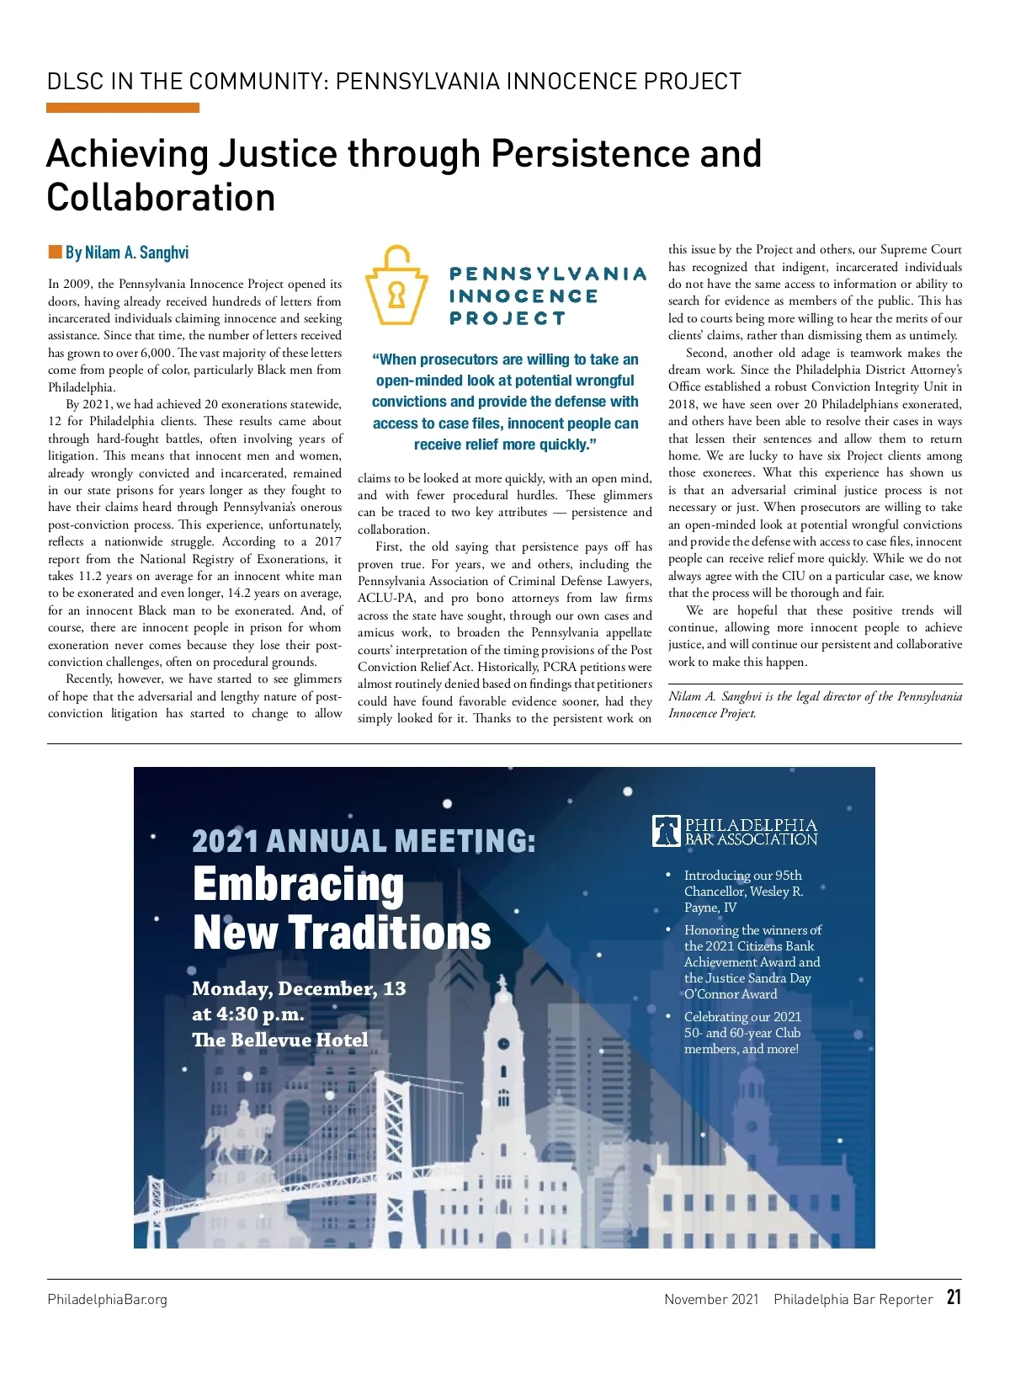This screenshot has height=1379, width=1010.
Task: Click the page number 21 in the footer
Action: (x=954, y=1296)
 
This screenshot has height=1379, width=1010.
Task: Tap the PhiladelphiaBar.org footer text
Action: (x=107, y=1299)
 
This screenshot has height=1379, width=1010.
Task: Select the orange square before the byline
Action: (x=56, y=252)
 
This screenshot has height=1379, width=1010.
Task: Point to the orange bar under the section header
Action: (x=123, y=108)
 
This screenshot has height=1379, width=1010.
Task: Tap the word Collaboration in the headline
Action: (x=161, y=198)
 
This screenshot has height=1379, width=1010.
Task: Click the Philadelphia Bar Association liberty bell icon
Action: (x=667, y=831)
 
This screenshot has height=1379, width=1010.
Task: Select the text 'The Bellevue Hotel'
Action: (x=280, y=1040)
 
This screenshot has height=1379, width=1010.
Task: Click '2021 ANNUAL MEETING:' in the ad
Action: (x=364, y=840)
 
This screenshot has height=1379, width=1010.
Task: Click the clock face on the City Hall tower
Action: (x=503, y=1044)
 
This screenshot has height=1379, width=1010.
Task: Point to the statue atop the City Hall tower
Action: (x=502, y=984)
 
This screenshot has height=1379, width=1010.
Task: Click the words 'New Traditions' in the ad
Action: (x=342, y=933)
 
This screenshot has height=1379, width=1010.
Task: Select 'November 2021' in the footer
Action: (x=711, y=1299)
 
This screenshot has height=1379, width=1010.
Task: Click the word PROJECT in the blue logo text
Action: (x=508, y=318)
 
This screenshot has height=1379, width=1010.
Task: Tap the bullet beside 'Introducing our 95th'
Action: (x=668, y=876)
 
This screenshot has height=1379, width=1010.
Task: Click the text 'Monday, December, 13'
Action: (x=299, y=988)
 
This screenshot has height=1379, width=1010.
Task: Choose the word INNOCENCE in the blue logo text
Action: (x=524, y=296)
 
